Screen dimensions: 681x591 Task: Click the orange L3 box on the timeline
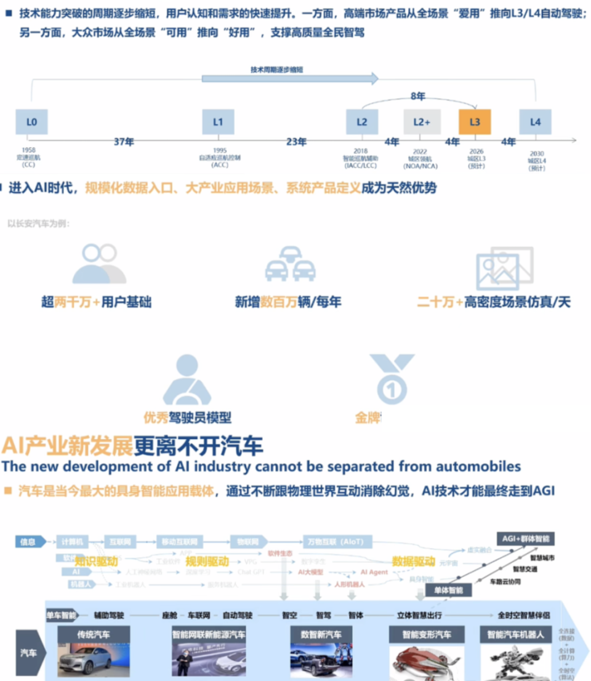pos(475,122)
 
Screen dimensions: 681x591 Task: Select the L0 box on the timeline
pos(31,122)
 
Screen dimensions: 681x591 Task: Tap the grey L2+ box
pos(422,122)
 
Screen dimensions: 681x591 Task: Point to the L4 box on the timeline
pos(535,122)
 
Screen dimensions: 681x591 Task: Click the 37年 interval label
pos(124,142)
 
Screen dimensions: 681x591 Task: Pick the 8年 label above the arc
pos(418,96)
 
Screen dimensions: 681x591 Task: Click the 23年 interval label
pos(296,142)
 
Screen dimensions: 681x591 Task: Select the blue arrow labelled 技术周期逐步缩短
pos(290,78)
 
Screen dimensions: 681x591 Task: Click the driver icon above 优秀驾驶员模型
pos(187,379)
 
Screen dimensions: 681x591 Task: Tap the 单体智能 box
pos(448,590)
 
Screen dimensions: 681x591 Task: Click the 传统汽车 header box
pos(94,634)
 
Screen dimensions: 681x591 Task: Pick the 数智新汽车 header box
pos(321,634)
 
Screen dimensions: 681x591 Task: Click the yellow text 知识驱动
pos(95,561)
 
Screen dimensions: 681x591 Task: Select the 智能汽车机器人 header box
pos(515,634)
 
